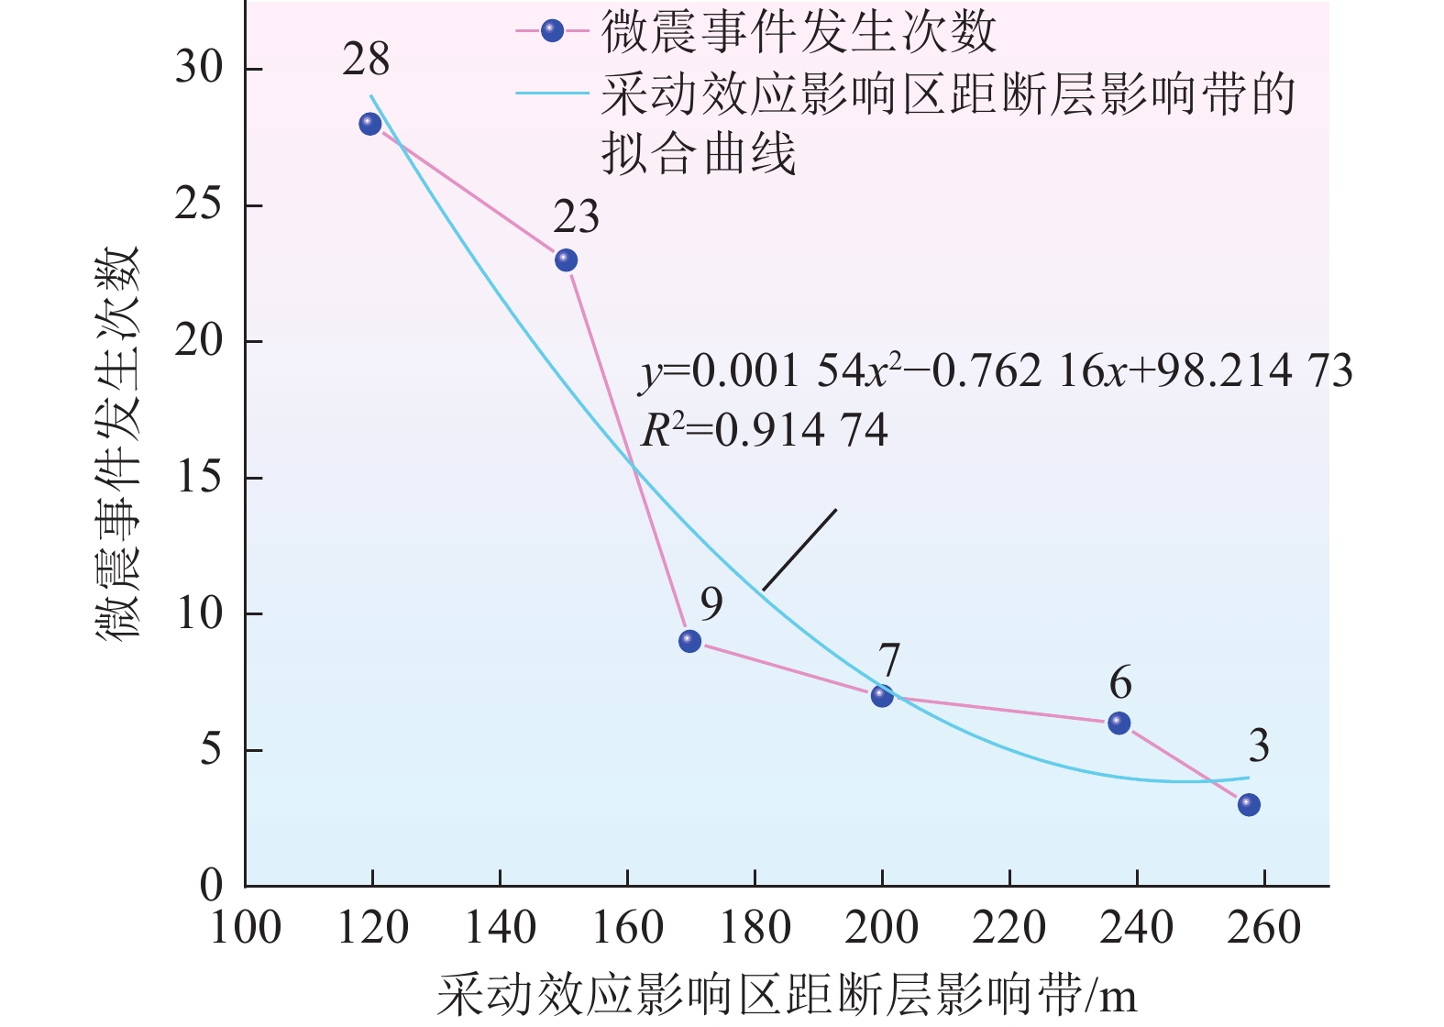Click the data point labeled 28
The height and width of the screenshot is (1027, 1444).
[370, 124]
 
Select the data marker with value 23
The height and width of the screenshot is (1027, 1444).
[567, 260]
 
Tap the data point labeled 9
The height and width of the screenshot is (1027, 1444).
[690, 641]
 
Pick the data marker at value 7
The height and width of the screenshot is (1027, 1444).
[882, 696]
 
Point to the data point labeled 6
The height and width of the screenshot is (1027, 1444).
[1119, 723]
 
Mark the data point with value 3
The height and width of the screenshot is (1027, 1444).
[1249, 805]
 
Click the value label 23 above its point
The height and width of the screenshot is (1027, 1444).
[576, 218]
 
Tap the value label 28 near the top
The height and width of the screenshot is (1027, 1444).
[367, 61]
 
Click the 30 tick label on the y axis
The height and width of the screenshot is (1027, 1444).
[200, 68]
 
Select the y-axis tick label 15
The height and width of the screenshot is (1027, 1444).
[200, 478]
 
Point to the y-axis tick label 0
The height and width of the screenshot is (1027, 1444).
[212, 886]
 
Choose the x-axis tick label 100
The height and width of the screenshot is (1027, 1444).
[246, 928]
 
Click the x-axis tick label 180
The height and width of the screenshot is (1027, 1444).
[755, 928]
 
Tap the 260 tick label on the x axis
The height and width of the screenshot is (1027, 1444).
[1264, 928]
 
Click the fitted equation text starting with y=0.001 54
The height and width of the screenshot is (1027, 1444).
[996, 371]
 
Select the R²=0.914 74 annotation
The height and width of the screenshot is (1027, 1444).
[765, 430]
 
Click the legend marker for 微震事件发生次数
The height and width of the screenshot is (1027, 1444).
[552, 31]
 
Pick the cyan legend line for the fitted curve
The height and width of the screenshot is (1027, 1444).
[552, 93]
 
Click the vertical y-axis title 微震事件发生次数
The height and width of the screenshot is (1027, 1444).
[119, 443]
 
